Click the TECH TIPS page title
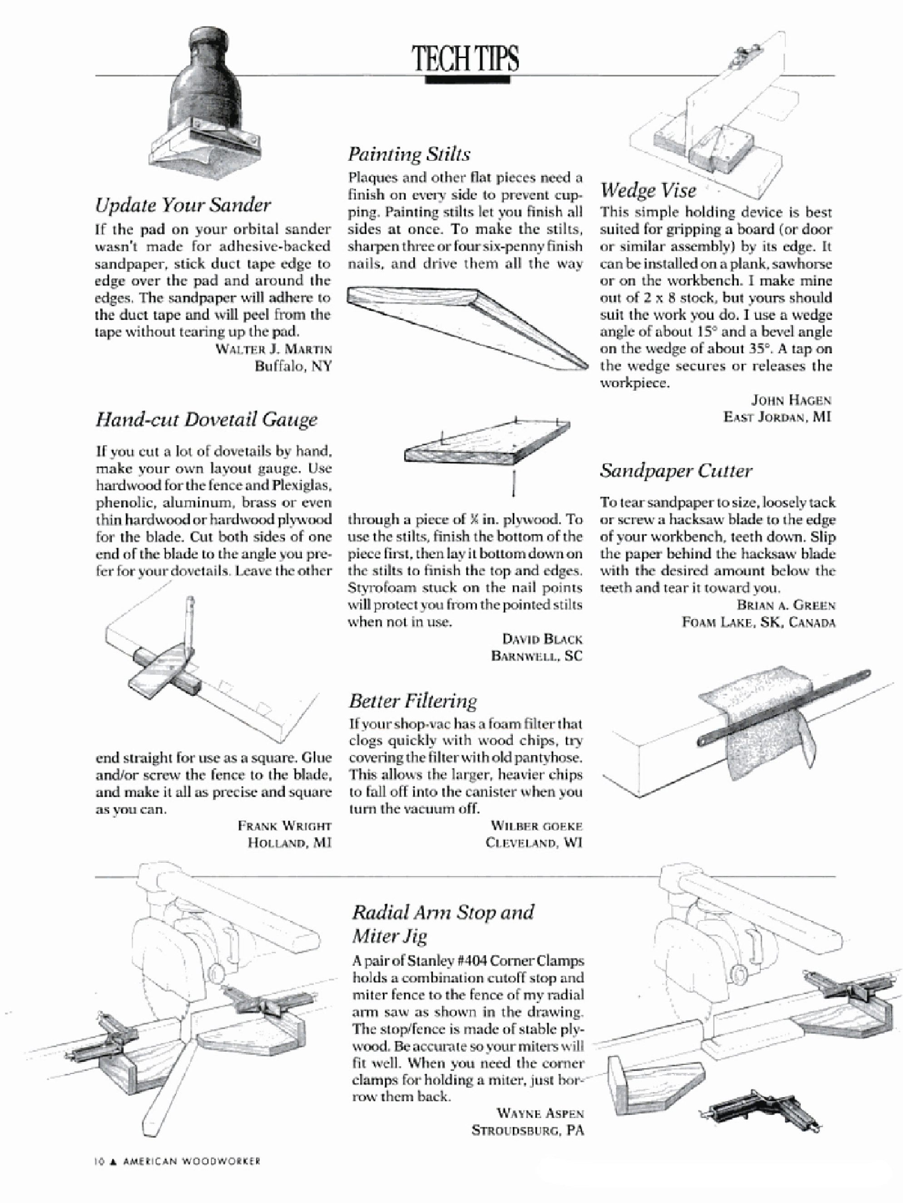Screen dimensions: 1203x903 pos(466,59)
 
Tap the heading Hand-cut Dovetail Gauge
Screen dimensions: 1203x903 pos(206,419)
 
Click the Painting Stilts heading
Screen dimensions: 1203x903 pos(409,154)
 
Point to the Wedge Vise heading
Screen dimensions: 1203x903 pos(648,190)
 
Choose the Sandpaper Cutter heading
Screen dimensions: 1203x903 pos(676,470)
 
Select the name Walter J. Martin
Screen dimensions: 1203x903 pos(273,348)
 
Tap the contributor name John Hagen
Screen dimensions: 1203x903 pos(791,400)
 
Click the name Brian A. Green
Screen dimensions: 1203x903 pos(785,605)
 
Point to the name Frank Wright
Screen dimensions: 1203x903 pos(284,825)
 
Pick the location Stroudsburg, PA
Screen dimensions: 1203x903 pos(527,1130)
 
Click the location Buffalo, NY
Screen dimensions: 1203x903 pos(293,366)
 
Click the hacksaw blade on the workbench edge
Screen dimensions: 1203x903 pos(783,707)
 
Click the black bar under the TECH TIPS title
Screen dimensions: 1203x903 pos(467,80)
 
